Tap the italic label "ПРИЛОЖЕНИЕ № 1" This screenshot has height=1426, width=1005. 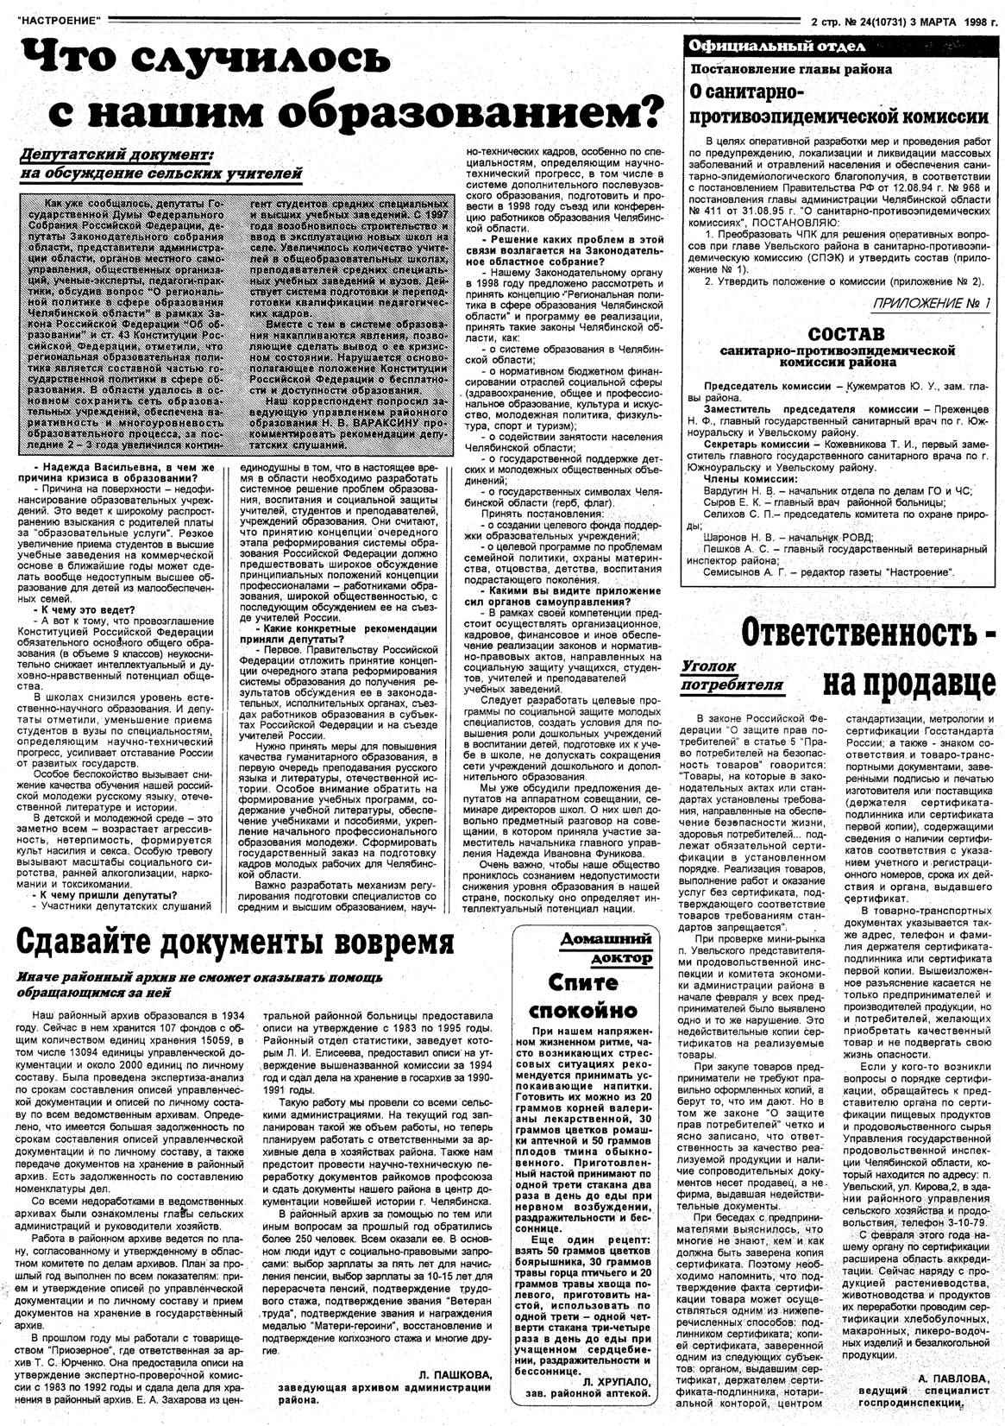933,304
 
